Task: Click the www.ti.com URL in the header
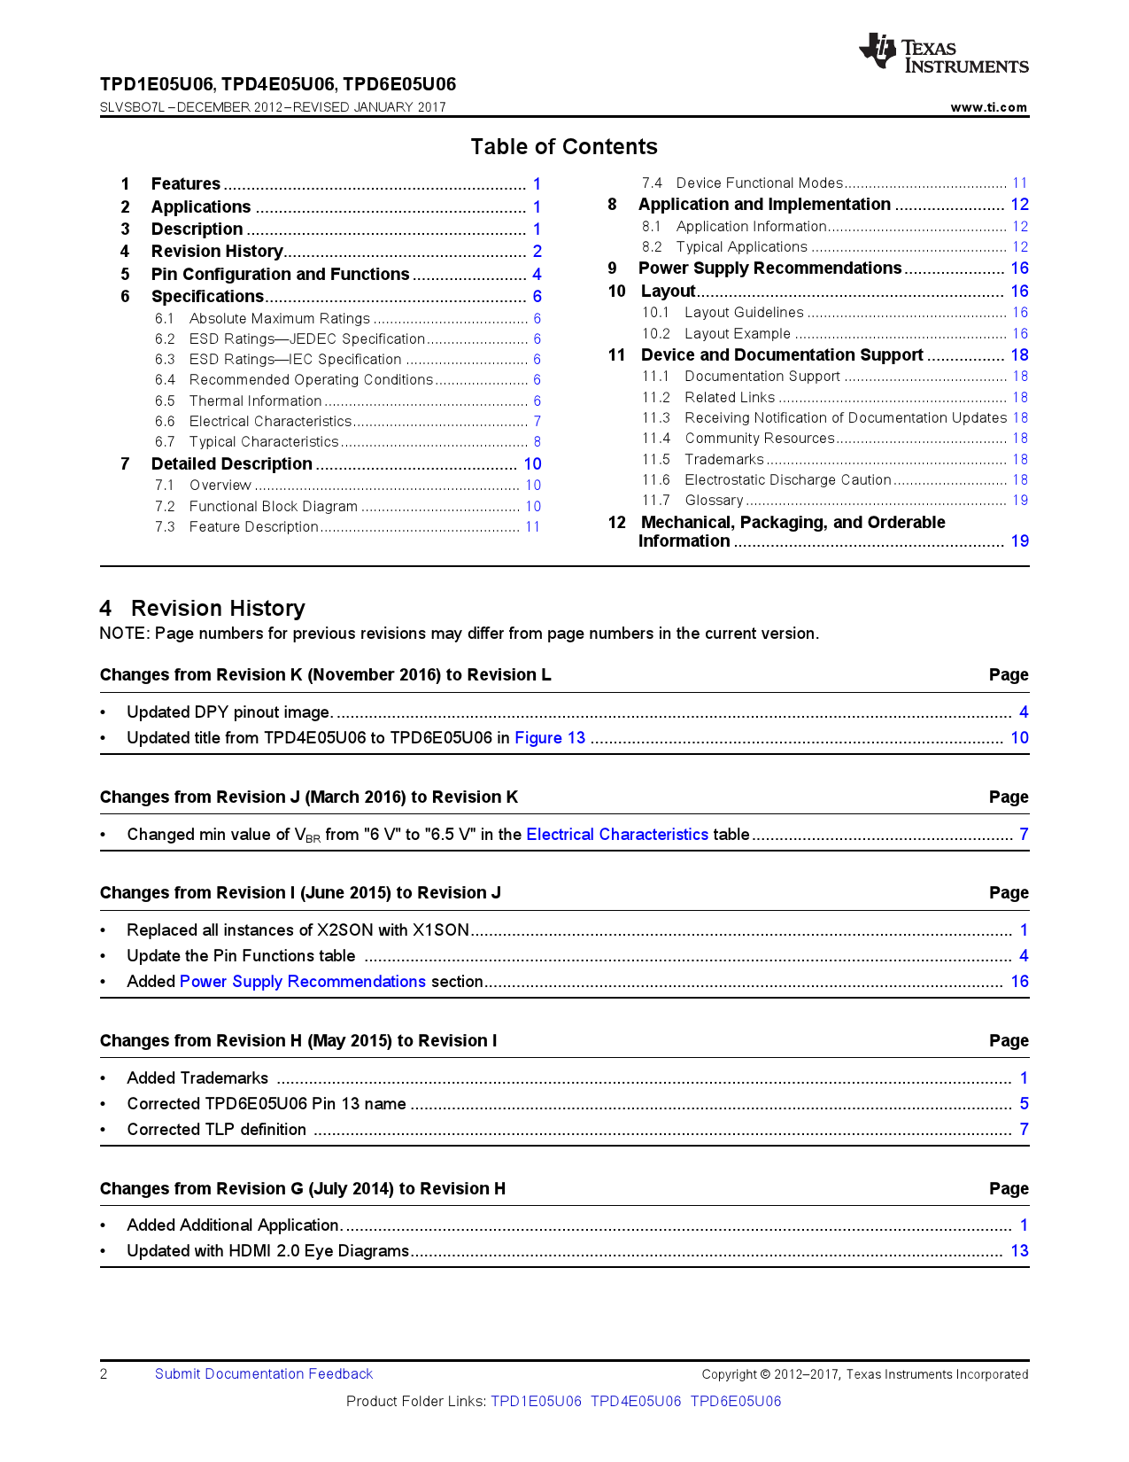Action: coord(988,107)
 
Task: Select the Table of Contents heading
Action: coord(564,146)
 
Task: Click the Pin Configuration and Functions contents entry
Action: coord(280,274)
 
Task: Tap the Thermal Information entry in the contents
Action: coord(255,400)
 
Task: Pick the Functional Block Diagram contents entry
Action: coord(273,506)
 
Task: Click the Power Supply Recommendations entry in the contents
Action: coord(769,268)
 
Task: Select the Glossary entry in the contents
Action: coord(714,500)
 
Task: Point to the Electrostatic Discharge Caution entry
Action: coord(787,479)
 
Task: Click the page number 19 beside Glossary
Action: coord(1020,500)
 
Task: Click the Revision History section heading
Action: coord(218,608)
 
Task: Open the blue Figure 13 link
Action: coord(550,737)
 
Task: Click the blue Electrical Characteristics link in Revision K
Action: coord(617,834)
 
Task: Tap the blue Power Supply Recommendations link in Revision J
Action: coord(303,981)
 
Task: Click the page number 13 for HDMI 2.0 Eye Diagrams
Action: coord(1019,1250)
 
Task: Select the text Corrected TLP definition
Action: coord(217,1129)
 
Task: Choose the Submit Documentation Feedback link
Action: coord(264,1373)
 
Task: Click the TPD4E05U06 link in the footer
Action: coord(636,1401)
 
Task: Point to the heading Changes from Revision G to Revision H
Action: coord(303,1188)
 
